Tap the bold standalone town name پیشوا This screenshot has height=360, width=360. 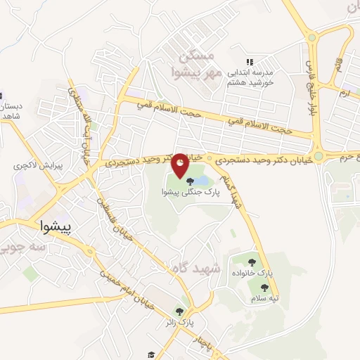click(56, 227)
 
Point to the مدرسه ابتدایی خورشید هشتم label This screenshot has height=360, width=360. click(252, 77)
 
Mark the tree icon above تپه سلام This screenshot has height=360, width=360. click(264, 288)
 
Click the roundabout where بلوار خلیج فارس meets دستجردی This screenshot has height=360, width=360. click(319, 156)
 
